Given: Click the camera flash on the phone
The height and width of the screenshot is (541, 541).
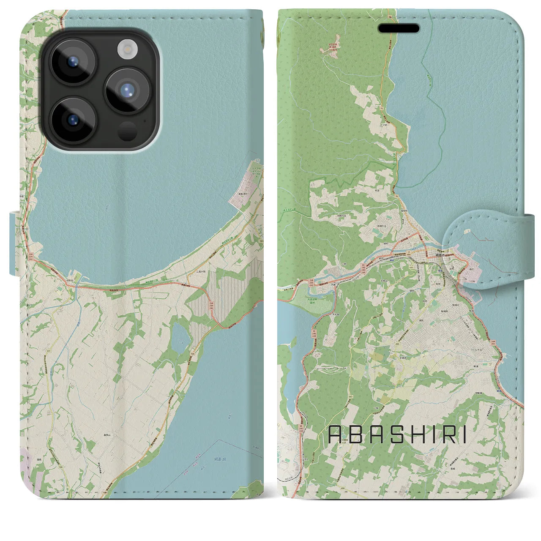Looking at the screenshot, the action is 125,49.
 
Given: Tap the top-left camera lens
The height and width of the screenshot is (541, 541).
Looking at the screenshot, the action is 73,61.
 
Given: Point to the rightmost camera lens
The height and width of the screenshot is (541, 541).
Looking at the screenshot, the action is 126,91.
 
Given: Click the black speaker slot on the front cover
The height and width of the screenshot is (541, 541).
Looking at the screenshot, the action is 398,28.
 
